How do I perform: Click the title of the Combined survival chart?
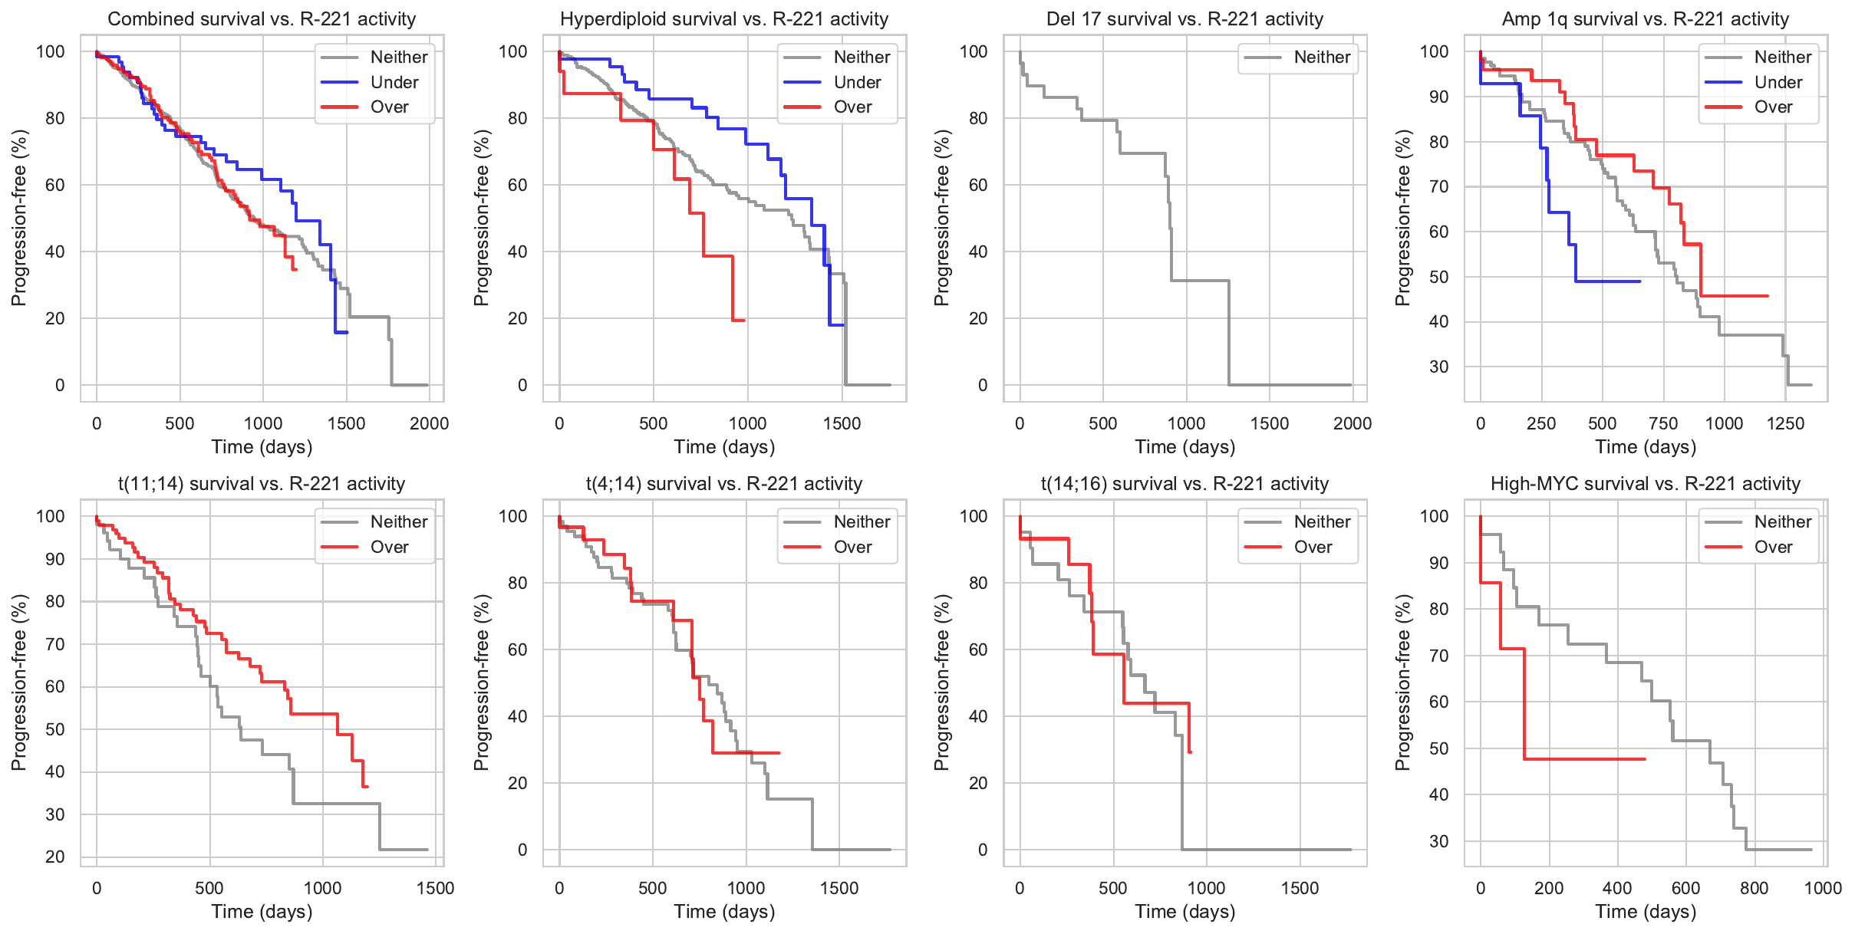tap(262, 19)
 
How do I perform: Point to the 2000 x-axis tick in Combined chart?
tap(429, 423)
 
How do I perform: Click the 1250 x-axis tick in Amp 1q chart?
tap(1785, 423)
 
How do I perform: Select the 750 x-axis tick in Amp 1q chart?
tap(1663, 423)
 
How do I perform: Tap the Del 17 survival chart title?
tap(1184, 19)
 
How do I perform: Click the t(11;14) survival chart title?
tap(262, 484)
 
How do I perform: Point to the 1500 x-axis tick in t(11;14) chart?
tap(435, 888)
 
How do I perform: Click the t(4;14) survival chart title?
tap(724, 484)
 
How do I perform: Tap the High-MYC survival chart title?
tap(1645, 484)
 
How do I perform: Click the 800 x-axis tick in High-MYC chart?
tap(1755, 888)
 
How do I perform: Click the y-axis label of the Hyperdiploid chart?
tap(481, 218)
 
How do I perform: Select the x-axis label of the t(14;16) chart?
tap(1184, 912)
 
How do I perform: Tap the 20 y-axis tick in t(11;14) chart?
tap(55, 857)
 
